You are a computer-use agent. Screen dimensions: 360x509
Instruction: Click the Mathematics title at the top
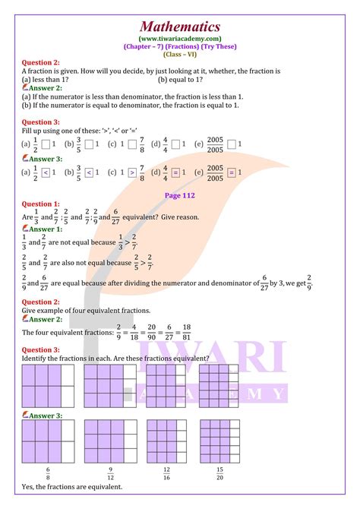pyautogui.click(x=180, y=27)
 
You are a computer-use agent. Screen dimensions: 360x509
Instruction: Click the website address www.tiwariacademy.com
pyautogui.click(x=180, y=39)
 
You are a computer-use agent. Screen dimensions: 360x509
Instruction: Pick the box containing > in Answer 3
pyautogui.click(x=131, y=172)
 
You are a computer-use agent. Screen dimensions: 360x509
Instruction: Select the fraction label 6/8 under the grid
pyautogui.click(x=48, y=473)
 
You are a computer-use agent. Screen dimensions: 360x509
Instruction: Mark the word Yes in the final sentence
pyautogui.click(x=29, y=487)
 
